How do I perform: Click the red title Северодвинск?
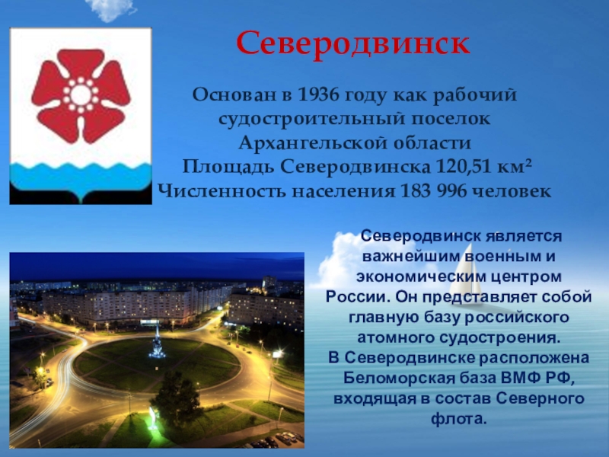click(x=353, y=43)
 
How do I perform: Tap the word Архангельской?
click(x=312, y=143)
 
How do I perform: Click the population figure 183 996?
click(x=433, y=191)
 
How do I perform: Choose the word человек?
click(x=512, y=192)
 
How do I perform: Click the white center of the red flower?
click(x=81, y=94)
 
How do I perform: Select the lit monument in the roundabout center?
click(x=157, y=344)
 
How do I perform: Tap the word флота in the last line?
click(x=456, y=419)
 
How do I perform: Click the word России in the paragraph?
click(x=357, y=297)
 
